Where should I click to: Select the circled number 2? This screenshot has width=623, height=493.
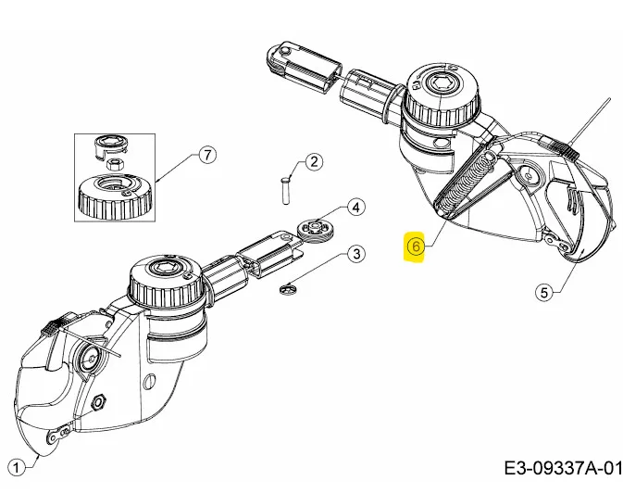click(x=314, y=162)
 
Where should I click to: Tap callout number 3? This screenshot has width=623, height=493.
click(x=355, y=253)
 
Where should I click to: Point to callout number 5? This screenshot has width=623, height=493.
click(x=544, y=292)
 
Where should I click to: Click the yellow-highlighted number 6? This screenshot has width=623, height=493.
click(x=416, y=246)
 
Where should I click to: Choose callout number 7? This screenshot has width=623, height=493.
click(x=207, y=156)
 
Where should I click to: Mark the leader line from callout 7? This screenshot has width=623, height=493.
click(x=176, y=168)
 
